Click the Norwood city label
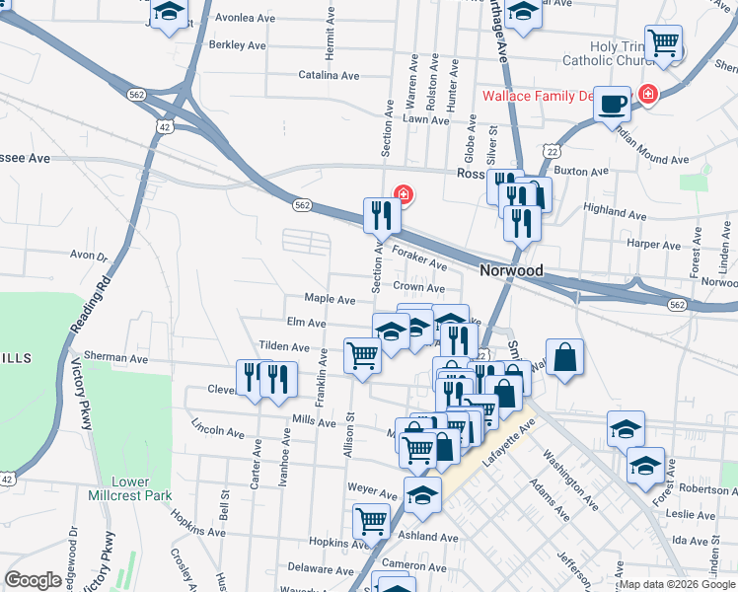511,270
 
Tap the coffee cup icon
612,103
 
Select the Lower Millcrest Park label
118,488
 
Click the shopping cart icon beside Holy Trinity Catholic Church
664,42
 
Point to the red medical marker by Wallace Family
647,96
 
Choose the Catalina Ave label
329,75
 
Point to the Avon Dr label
88,256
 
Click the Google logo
33,581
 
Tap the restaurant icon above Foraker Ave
382,214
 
